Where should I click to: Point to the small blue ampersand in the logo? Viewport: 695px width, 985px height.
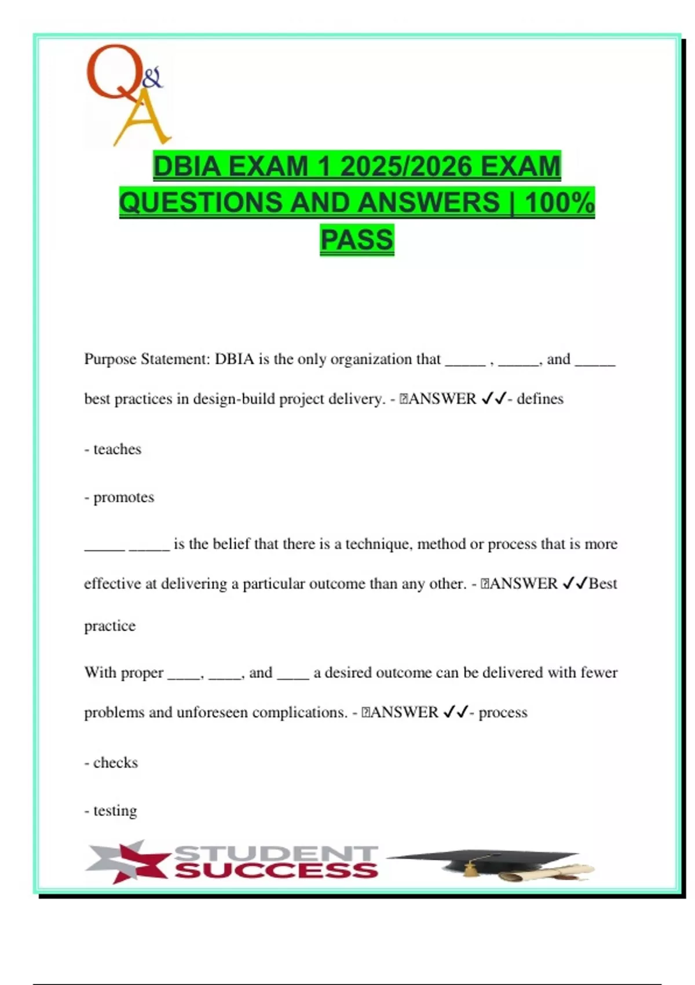point(152,78)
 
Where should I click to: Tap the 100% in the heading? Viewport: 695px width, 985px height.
point(559,203)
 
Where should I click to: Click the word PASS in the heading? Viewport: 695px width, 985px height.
point(357,239)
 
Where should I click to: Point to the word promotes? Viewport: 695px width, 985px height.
point(123,497)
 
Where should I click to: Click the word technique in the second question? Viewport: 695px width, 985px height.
point(379,543)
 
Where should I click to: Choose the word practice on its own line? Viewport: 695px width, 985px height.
point(109,626)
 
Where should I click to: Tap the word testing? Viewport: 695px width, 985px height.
point(115,811)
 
